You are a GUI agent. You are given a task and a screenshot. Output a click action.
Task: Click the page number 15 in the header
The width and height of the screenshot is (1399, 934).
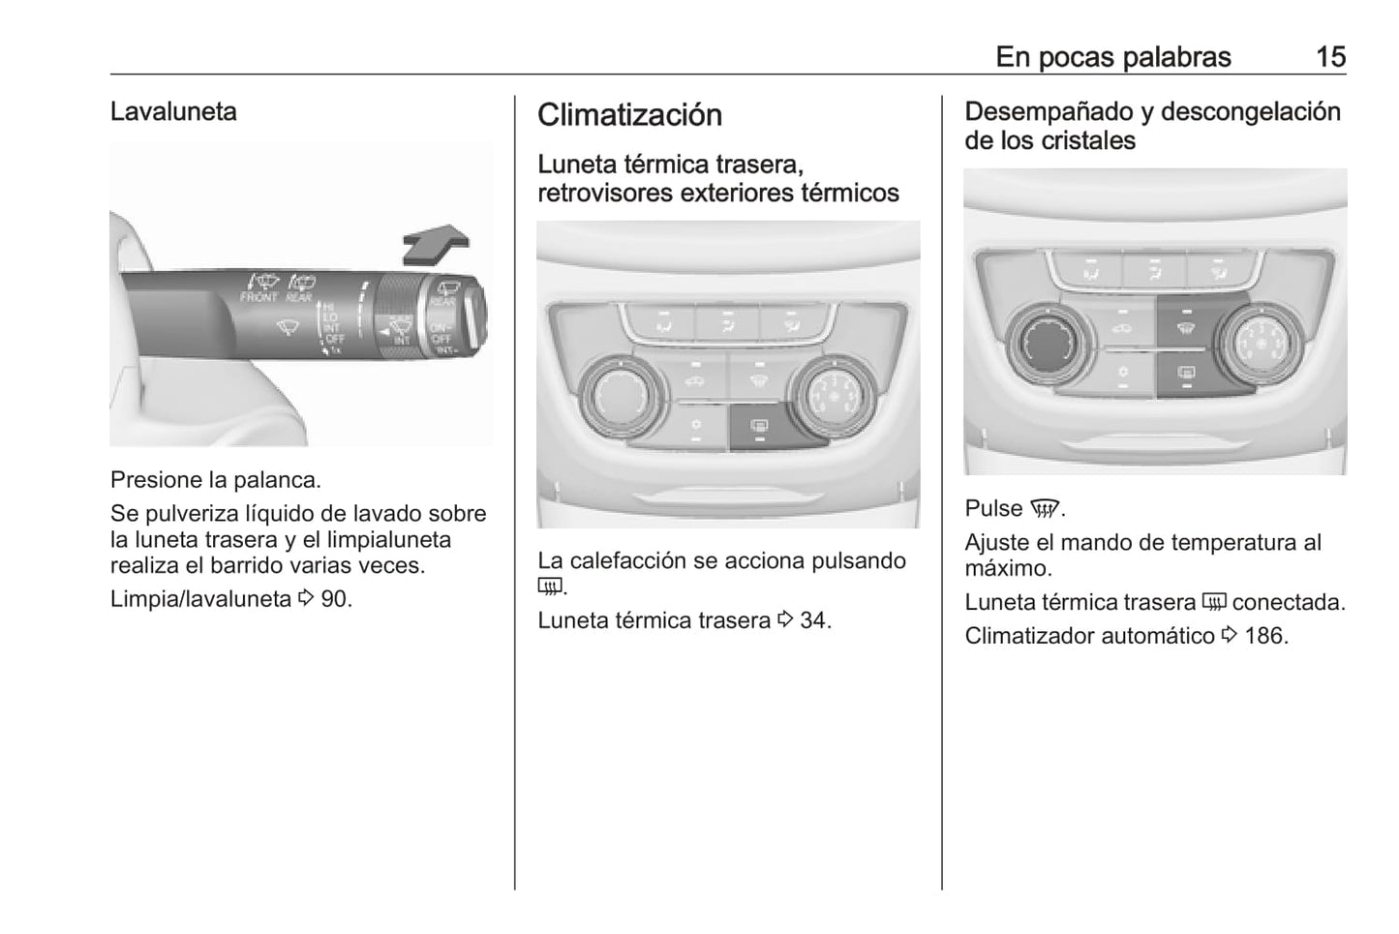pyautogui.click(x=1330, y=57)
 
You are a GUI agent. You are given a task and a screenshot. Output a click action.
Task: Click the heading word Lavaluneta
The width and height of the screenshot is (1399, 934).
pyautogui.click(x=173, y=112)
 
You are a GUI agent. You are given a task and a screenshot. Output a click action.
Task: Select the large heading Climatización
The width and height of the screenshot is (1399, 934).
pyautogui.click(x=629, y=115)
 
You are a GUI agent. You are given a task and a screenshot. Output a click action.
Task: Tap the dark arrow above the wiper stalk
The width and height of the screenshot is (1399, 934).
pyautogui.click(x=435, y=242)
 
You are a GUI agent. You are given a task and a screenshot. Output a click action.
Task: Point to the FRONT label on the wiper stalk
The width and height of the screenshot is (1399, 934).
pyautogui.click(x=259, y=297)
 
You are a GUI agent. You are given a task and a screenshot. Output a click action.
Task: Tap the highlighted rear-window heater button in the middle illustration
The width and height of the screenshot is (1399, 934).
pyautogui.click(x=761, y=426)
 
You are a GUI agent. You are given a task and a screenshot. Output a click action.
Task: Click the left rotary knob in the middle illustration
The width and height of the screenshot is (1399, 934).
pyautogui.click(x=623, y=396)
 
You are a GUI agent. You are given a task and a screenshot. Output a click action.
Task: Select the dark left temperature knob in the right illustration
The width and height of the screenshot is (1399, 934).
pyautogui.click(x=1049, y=343)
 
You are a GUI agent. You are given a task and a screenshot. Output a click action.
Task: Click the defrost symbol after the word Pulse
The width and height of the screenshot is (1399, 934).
pyautogui.click(x=1044, y=509)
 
